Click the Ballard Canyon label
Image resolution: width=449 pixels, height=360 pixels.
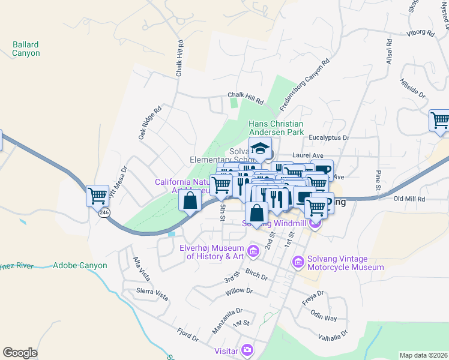pos(26,49)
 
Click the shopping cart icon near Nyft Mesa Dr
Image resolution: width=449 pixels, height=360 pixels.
pos(97,196)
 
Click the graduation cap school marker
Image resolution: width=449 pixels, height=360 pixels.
pos(260,149)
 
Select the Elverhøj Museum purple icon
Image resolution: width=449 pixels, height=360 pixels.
pos(253,249)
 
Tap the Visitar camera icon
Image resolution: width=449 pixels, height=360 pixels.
pos(247,350)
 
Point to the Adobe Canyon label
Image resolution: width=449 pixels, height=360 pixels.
pos(80,265)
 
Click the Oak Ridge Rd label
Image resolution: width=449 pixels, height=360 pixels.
pos(150,124)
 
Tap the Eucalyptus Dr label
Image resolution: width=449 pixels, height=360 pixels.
pos(328,137)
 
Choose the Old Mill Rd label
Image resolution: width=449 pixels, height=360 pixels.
pos(409,199)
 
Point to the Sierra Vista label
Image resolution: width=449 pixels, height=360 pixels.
pos(152,291)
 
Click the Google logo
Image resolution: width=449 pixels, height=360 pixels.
pos(20,353)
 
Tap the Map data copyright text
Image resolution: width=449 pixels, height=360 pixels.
pos(423,355)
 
